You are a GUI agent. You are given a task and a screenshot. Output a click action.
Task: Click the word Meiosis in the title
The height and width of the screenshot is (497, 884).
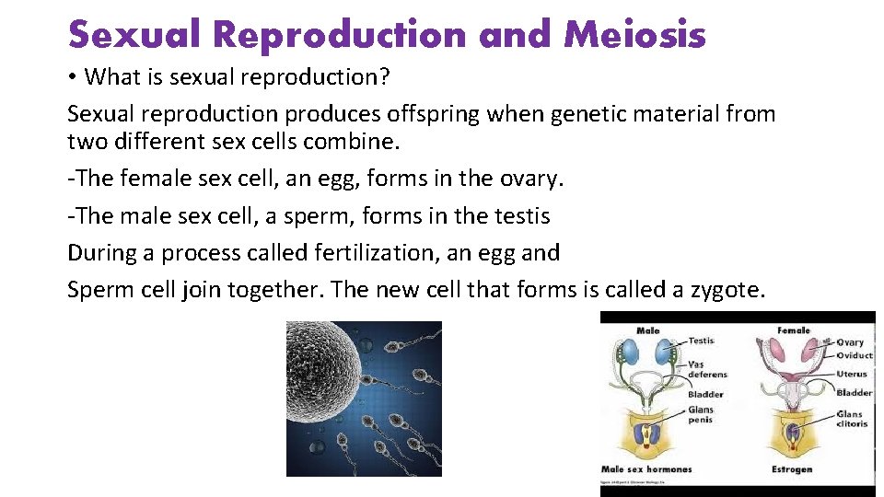(x=634, y=35)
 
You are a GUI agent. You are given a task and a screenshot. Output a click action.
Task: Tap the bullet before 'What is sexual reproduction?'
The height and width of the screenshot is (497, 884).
(x=73, y=77)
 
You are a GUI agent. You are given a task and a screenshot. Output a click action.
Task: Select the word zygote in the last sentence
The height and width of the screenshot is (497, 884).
(x=725, y=289)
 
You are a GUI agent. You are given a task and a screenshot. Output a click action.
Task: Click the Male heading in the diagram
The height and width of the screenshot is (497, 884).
(x=648, y=330)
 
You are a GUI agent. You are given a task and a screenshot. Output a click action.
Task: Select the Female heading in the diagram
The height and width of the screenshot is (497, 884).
(x=793, y=330)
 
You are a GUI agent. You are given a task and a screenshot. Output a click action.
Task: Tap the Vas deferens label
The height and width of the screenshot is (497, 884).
(x=707, y=368)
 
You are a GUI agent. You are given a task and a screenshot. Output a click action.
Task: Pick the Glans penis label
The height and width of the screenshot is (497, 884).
(x=701, y=415)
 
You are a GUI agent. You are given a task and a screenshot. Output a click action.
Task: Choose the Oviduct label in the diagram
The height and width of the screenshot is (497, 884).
(x=855, y=356)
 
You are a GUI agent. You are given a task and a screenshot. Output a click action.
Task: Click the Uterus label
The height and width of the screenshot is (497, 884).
(x=852, y=375)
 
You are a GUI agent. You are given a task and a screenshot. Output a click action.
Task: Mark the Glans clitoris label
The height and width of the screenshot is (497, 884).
(x=852, y=419)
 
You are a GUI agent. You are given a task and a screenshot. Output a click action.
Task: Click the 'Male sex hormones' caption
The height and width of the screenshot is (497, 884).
(x=646, y=470)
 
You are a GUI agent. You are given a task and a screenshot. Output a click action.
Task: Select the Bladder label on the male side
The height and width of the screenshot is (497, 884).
(x=705, y=395)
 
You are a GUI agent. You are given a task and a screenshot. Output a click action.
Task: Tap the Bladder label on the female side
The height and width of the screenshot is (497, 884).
(x=854, y=393)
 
